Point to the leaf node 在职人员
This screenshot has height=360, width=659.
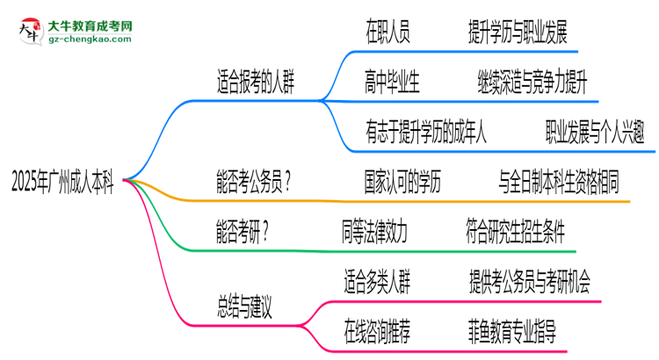[387, 34]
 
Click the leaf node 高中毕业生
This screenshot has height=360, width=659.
[392, 83]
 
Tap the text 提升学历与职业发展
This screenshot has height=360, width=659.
[518, 34]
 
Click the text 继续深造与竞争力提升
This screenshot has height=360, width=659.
[532, 83]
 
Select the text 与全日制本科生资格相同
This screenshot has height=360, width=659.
[559, 184]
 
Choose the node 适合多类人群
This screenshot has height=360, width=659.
[376, 283]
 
